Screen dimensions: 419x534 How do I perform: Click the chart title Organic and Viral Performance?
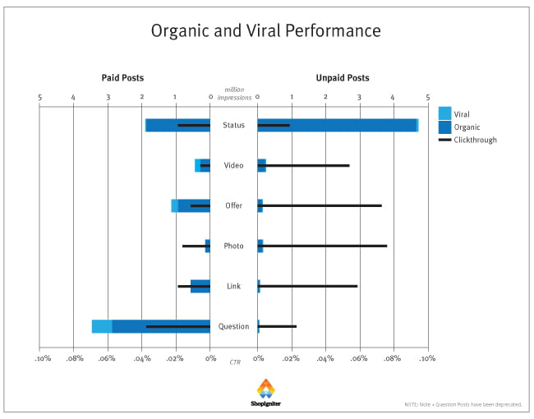click(x=265, y=31)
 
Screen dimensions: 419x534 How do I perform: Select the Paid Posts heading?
click(x=122, y=78)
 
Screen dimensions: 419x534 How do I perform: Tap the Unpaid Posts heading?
click(x=342, y=78)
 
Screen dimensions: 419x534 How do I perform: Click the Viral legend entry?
click(x=461, y=114)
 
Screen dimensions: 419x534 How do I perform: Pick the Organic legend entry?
click(x=465, y=127)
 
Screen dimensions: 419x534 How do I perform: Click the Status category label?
click(x=233, y=126)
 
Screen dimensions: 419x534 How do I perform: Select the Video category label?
click(x=233, y=166)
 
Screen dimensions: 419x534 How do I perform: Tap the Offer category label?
click(x=233, y=205)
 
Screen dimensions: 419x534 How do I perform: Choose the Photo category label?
click(x=233, y=246)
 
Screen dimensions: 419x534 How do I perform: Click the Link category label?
click(x=233, y=286)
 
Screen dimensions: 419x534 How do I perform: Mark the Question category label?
click(x=233, y=326)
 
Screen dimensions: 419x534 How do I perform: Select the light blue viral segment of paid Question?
click(x=102, y=326)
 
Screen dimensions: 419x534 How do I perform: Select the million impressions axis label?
click(x=233, y=92)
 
